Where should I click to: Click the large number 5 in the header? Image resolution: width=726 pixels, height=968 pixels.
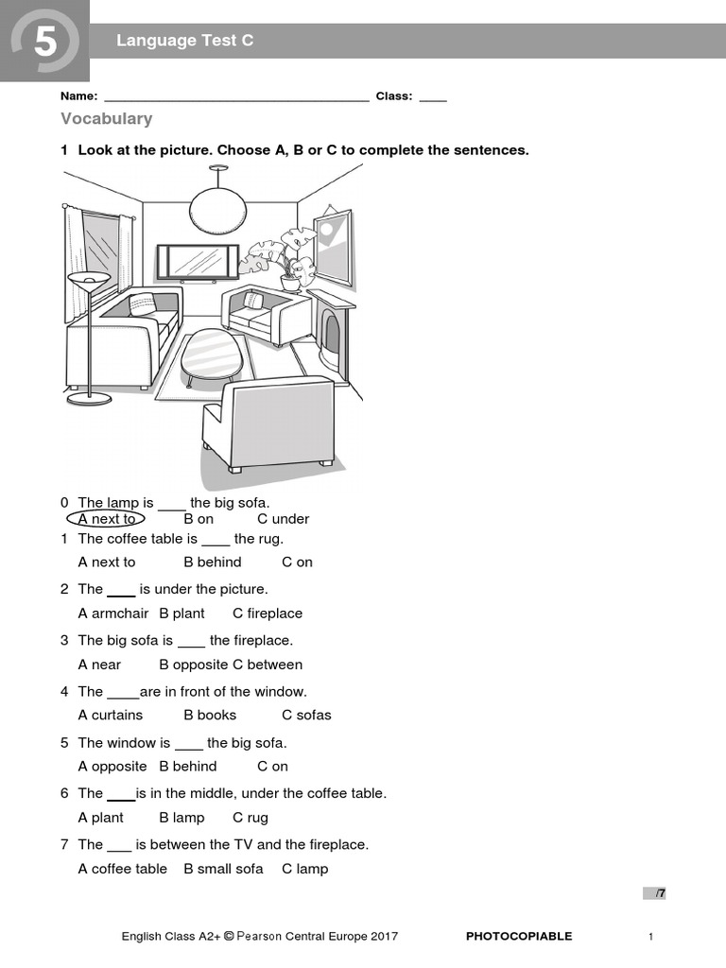pyautogui.click(x=44, y=42)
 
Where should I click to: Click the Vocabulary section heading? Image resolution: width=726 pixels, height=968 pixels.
pyautogui.click(x=106, y=119)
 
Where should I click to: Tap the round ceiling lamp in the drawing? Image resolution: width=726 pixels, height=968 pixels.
pyautogui.click(x=217, y=209)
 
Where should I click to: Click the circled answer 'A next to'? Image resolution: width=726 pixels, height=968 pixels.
pyautogui.click(x=107, y=519)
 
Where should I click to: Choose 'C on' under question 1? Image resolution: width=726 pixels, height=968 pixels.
pyautogui.click(x=297, y=562)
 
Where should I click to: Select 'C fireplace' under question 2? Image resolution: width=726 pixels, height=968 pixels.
pyautogui.click(x=268, y=614)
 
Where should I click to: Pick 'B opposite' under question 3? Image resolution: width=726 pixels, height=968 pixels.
pyautogui.click(x=193, y=665)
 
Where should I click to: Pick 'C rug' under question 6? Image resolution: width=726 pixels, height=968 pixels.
pyautogui.click(x=251, y=818)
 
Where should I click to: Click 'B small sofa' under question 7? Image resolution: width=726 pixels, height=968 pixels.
pyautogui.click(x=223, y=869)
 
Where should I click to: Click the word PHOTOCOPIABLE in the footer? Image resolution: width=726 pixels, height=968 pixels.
pyautogui.click(x=519, y=937)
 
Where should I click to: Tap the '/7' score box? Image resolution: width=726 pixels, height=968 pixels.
pyautogui.click(x=655, y=893)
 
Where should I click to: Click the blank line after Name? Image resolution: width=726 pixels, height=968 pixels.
pyautogui.click(x=236, y=96)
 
